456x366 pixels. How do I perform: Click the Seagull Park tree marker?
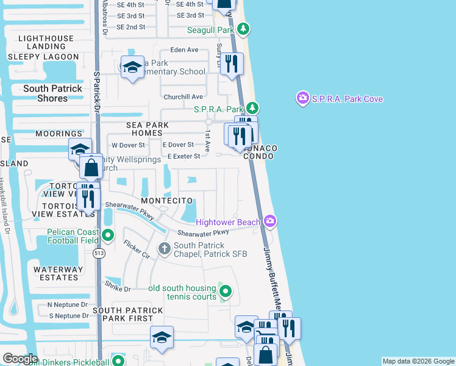243,29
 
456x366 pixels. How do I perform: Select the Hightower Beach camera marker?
270,221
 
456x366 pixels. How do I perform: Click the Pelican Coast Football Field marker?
108,235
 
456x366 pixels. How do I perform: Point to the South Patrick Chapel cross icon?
164,248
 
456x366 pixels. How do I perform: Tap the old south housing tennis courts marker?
225,292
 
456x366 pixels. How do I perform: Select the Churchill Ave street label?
183,96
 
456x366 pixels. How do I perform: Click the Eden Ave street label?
185,50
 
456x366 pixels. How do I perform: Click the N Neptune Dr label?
68,304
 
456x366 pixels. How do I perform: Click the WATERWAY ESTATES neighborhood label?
59,273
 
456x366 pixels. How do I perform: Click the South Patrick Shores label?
52,93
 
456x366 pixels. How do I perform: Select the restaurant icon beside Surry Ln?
230,65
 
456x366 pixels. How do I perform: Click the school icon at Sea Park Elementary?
132,68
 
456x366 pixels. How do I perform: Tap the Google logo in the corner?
20,359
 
